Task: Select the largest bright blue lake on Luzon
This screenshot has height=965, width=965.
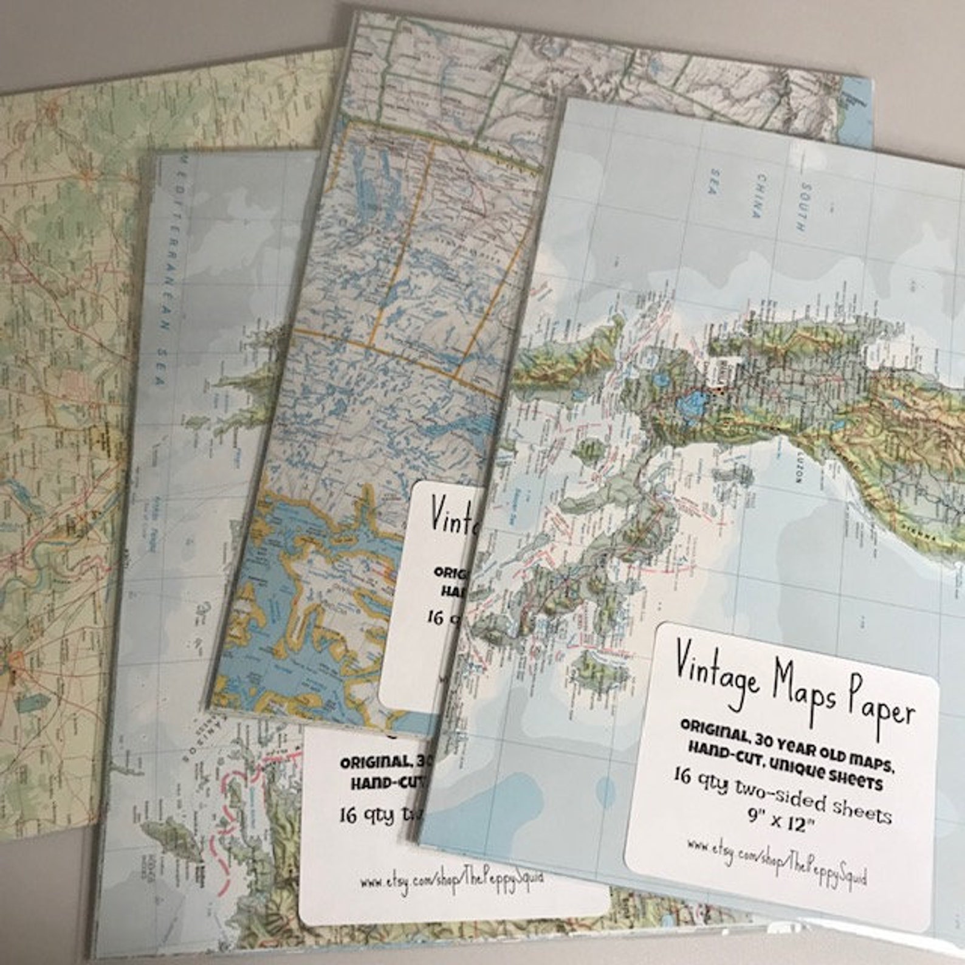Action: point(693,403)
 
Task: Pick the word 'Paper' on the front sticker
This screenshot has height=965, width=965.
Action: point(881,709)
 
